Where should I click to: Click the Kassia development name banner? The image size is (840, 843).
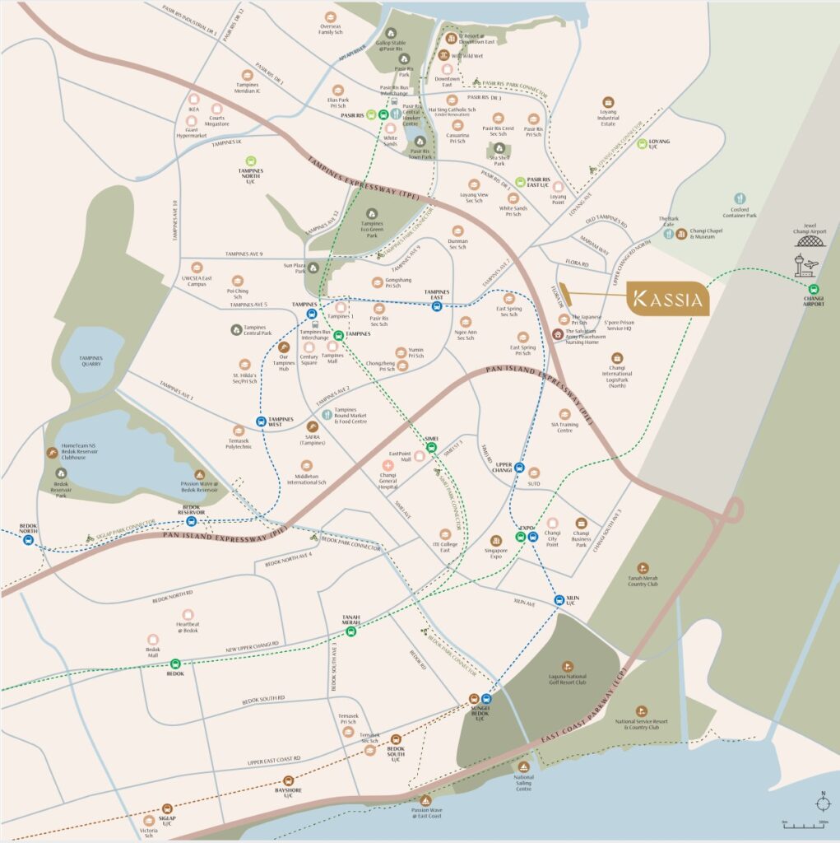coord(667,298)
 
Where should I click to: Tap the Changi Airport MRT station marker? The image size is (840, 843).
coord(813,290)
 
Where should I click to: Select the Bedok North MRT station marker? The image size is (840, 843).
coord(28,540)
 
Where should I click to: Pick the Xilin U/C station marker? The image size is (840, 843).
coord(559,599)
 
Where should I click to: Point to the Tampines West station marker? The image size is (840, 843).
coord(261,421)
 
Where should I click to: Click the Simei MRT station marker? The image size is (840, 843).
coord(430,449)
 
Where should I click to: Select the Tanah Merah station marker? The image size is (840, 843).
coord(351,631)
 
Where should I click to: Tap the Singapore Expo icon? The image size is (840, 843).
coord(495,540)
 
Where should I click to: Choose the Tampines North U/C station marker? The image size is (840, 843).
coord(252,161)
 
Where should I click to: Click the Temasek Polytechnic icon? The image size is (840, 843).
coord(239,431)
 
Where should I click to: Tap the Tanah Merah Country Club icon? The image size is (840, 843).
coord(643,568)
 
